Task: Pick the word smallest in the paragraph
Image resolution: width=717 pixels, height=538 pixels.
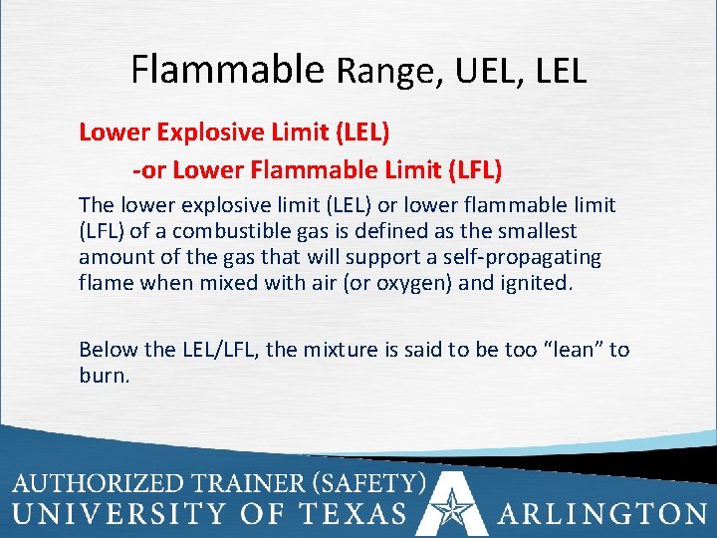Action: point(541,231)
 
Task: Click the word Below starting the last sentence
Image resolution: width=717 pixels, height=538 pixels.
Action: point(109,350)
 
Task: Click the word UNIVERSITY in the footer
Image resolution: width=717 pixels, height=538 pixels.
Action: point(119,514)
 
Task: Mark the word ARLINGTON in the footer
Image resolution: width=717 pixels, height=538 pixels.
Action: point(603,514)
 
